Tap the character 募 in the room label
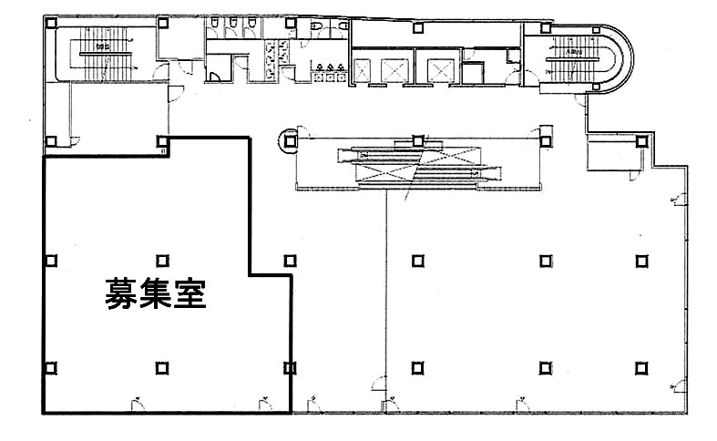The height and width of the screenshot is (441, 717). tap(120, 294)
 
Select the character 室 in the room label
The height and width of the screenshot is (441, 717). tap(188, 294)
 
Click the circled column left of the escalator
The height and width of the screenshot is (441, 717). tap(289, 140)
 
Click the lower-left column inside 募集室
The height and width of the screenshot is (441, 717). tap(51, 368)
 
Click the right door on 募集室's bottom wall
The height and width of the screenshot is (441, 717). tap(262, 402)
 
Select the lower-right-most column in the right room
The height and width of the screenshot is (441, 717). tap(641, 368)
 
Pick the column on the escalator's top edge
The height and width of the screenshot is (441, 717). tap(417, 140)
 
